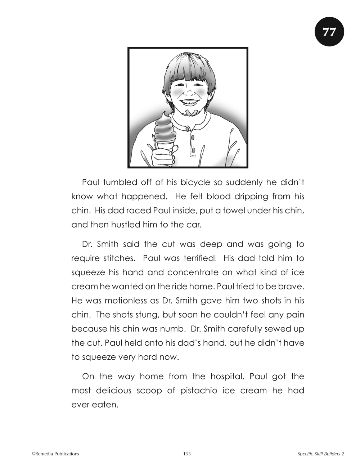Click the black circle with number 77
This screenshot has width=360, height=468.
[329, 32]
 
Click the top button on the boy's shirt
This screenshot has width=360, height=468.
[187, 128]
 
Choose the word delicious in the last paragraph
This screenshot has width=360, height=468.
[113, 391]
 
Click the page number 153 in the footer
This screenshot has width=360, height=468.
[186, 454]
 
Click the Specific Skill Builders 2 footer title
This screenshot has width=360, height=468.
[321, 454]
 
